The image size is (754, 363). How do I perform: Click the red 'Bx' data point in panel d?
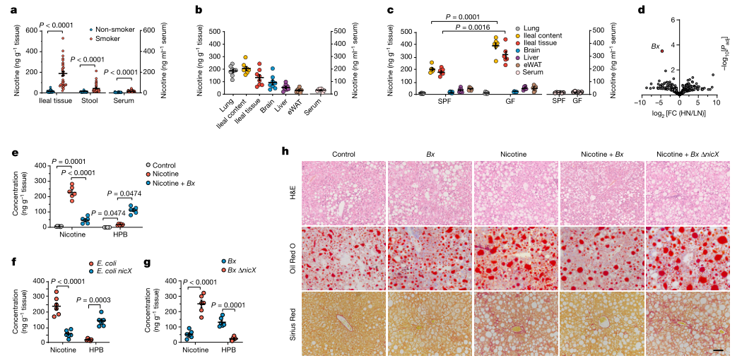point(662,51)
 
